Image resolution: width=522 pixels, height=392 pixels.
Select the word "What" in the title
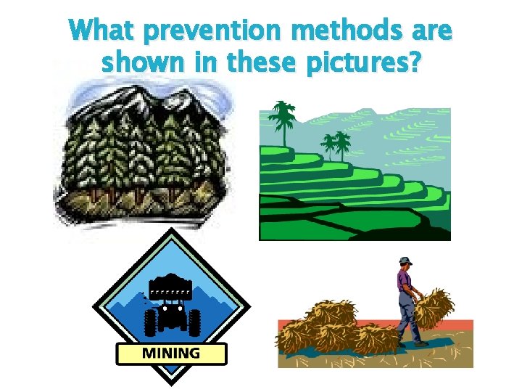pos(101,32)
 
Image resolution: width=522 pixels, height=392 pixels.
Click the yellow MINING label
pos(171,354)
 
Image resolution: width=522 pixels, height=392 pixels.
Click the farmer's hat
pos(405,261)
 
